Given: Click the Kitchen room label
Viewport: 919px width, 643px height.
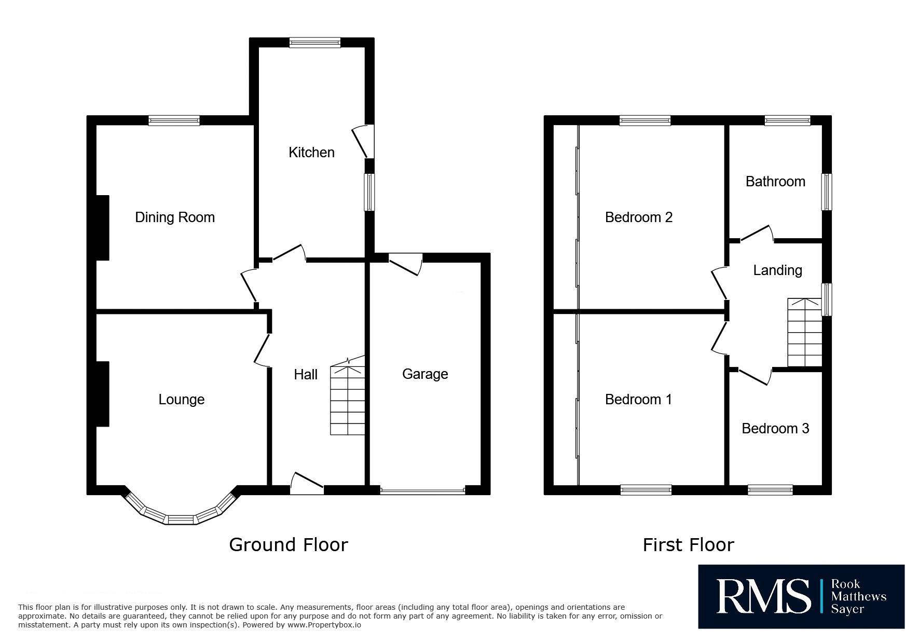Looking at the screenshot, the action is [311, 153].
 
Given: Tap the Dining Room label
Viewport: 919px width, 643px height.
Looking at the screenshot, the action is [175, 217].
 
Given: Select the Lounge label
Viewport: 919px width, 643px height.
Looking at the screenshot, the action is [181, 400].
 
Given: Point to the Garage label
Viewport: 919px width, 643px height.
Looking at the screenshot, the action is [425, 374].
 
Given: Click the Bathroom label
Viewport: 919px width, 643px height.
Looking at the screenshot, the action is [775, 182].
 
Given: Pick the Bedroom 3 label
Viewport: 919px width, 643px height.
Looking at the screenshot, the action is [775, 429].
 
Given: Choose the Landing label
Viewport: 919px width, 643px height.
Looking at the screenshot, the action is [777, 270].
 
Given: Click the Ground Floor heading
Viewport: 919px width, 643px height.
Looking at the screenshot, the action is [289, 544].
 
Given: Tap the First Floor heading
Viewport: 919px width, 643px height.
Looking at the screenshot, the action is [689, 545].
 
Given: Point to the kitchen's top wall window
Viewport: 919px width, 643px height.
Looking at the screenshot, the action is [315, 43].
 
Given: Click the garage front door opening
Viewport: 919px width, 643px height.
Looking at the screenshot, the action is [422, 490].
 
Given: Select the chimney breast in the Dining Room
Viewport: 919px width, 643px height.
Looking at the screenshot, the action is [103, 227].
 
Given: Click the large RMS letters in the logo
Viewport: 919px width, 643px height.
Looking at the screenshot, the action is [763, 597].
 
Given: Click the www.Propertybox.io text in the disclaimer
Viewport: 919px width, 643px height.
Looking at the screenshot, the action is [324, 625].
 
